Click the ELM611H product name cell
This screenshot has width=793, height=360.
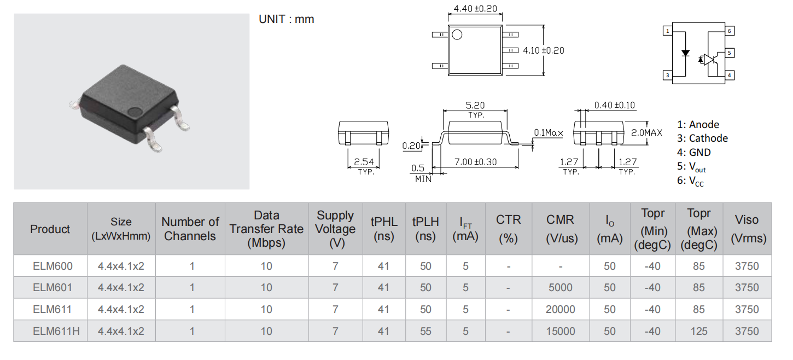56,331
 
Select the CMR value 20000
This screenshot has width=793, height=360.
560,309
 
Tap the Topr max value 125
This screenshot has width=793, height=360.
699,331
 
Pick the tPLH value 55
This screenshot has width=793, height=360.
425,331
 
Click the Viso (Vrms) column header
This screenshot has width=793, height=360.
747,229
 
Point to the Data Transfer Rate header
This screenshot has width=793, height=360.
266,229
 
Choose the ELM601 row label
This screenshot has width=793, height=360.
53,287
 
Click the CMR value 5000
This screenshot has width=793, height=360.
561,287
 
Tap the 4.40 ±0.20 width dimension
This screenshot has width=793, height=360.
475,9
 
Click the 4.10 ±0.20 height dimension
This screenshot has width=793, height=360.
544,50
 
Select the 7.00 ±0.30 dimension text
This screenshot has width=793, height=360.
475,162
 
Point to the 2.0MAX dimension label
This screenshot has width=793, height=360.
646,132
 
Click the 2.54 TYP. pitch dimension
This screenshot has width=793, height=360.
364,166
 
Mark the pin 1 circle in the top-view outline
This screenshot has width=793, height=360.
457,34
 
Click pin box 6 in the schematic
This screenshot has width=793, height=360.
729,31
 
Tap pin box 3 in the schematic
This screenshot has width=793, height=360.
668,75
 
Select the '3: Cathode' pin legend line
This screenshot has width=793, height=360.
702,138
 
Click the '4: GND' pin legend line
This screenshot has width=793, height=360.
694,152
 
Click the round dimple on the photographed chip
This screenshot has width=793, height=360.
135,112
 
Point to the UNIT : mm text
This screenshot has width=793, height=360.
287,19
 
